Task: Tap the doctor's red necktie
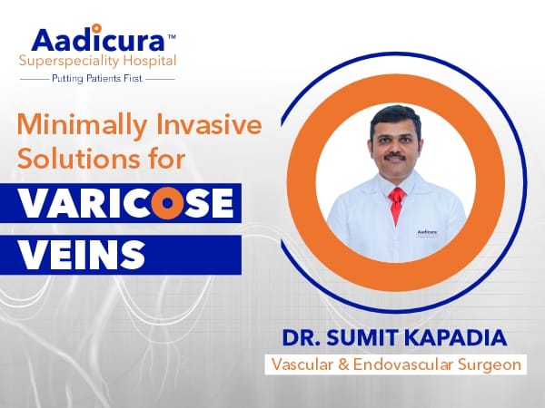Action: (x=395, y=204)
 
